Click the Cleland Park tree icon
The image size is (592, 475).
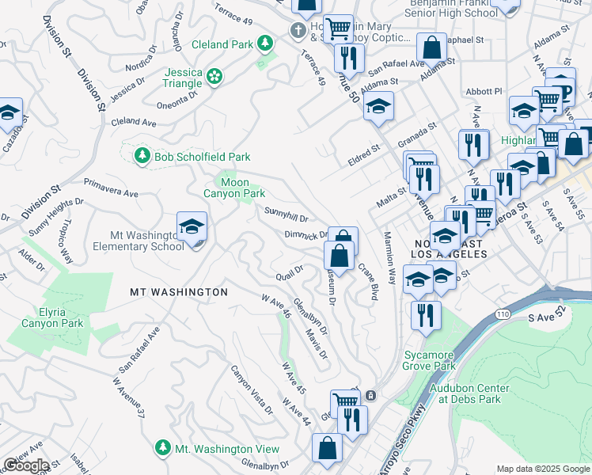(267, 41)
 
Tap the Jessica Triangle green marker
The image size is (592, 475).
(214, 77)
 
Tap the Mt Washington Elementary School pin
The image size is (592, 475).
(192, 227)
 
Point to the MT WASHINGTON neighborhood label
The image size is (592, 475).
(179, 292)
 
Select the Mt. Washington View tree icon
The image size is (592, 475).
(162, 448)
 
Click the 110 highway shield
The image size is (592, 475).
(504, 314)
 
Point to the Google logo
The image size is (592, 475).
(26, 465)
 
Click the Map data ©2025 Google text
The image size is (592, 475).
(542, 469)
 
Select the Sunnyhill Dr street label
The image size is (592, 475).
(286, 214)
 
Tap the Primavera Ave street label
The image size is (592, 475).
(111, 187)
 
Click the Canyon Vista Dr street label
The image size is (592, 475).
(251, 388)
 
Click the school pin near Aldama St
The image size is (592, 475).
(379, 106)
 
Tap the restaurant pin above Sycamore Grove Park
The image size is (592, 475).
(426, 315)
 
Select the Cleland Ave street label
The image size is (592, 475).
(134, 122)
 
